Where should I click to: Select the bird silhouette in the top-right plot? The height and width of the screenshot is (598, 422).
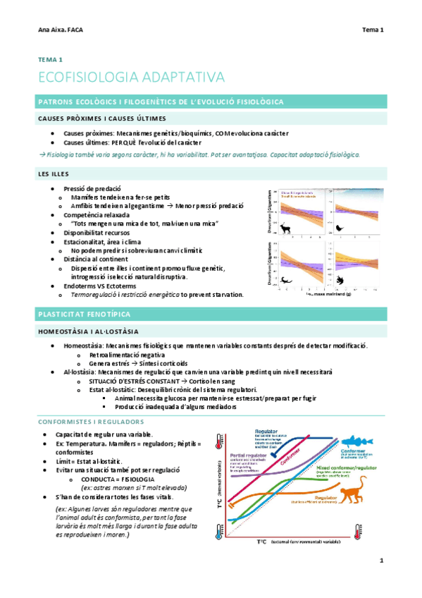point(340,228)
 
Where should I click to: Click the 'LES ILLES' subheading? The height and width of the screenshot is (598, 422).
point(54,173)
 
